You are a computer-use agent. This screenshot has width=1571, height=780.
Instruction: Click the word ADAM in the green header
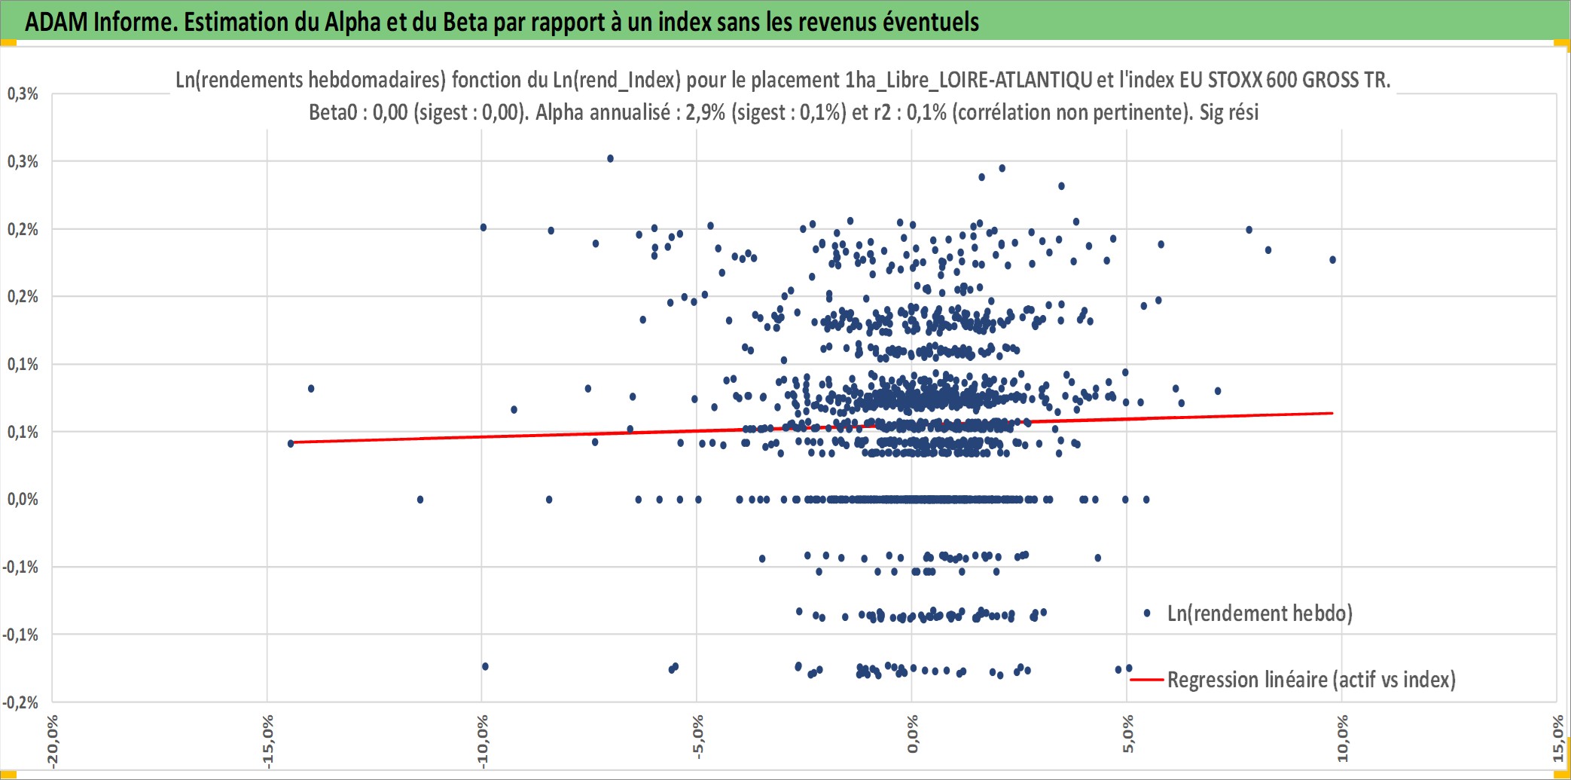(56, 22)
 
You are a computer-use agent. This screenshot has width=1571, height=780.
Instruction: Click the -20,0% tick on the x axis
(52, 742)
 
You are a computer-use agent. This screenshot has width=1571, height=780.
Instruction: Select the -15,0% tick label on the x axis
(267, 742)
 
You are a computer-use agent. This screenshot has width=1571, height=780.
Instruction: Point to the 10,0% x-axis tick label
(1342, 739)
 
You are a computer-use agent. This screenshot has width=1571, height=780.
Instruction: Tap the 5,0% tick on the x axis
(1127, 734)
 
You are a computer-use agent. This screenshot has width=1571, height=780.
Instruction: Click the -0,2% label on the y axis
(20, 702)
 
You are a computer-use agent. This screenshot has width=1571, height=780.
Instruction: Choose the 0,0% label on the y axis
(23, 499)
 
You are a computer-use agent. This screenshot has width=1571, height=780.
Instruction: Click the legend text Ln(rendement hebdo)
(1260, 613)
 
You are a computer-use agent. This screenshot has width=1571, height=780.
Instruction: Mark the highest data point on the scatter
(611, 159)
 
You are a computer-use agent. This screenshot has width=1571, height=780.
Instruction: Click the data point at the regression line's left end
(291, 443)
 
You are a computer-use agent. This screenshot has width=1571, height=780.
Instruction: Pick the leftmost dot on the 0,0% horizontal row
(420, 500)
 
